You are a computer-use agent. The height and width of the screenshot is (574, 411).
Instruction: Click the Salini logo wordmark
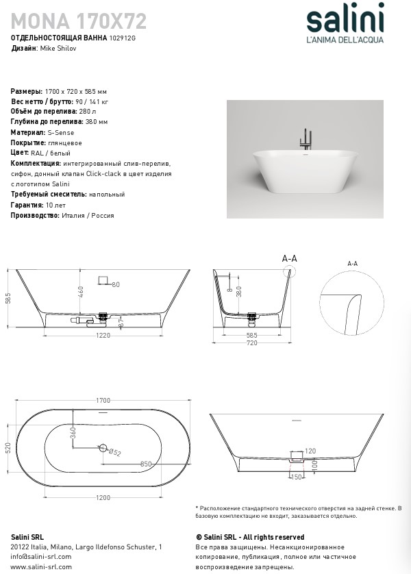pos(345,20)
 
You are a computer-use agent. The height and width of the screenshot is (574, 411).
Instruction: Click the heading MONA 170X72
pos(79,21)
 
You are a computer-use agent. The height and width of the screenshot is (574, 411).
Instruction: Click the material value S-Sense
pos(60,132)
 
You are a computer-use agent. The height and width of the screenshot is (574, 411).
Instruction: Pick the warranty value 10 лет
pos(55,205)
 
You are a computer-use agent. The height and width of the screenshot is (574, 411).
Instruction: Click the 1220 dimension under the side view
pos(103,336)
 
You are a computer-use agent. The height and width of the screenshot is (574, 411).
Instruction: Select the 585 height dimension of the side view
pos(8,299)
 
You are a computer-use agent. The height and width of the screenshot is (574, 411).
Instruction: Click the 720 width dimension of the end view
pos(251,342)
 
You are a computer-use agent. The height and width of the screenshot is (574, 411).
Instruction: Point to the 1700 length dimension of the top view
pos(103,401)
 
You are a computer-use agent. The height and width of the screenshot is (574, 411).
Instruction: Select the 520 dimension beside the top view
pos(8,449)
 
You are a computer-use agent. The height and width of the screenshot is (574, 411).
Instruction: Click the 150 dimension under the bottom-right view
pos(297,477)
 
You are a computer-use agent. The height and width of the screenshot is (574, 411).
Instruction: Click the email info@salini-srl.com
pos(42,557)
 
